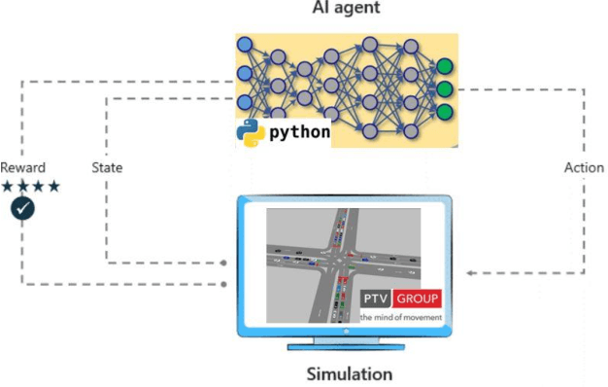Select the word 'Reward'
pyautogui.click(x=22, y=167)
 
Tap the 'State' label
pyautogui.click(x=107, y=167)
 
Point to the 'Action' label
pyautogui.click(x=583, y=167)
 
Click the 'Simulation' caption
pyautogui.click(x=350, y=373)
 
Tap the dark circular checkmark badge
pyautogui.click(x=22, y=208)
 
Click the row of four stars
pyautogui.click(x=31, y=186)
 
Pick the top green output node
pyautogui.click(x=445, y=67)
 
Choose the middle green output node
pyautogui.click(x=445, y=89)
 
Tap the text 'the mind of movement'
pyautogui.click(x=400, y=317)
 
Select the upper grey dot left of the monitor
pyautogui.click(x=224, y=263)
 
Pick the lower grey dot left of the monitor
pyautogui.click(x=224, y=284)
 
